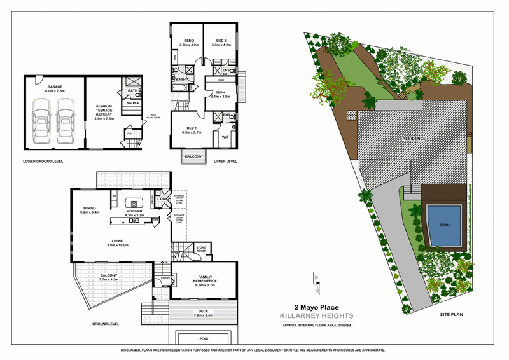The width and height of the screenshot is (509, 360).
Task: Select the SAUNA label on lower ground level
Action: coord(133,102)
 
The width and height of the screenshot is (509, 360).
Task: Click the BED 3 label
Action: coord(221,39)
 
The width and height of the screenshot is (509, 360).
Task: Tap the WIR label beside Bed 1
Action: coord(225,135)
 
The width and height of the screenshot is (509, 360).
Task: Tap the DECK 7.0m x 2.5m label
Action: coord(204,312)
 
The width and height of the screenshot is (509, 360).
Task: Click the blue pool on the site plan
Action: coord(443,226)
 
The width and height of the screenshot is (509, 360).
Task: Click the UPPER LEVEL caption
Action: coord(225,162)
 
